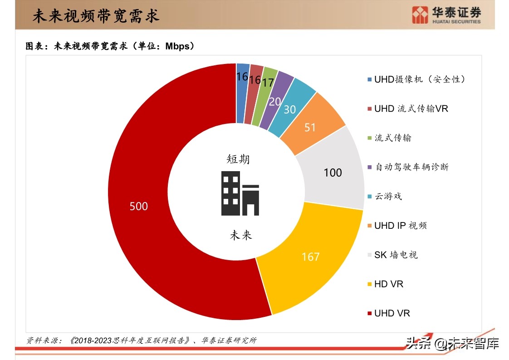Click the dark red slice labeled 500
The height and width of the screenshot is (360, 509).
point(139,206)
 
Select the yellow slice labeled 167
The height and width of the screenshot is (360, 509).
point(310,256)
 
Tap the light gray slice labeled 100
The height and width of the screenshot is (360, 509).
point(333,173)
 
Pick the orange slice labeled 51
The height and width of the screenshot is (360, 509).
point(310,128)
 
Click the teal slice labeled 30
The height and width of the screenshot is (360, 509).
point(290,109)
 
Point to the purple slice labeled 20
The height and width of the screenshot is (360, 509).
point(275,101)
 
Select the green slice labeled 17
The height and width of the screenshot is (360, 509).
point(268,83)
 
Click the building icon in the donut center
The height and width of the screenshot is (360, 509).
point(240,193)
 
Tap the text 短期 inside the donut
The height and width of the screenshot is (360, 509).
point(238,159)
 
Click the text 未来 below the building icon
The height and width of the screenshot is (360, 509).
point(240,235)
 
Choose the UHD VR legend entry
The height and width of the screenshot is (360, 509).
point(392,313)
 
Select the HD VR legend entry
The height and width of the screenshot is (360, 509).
point(388,284)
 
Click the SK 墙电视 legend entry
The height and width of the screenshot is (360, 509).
point(396,255)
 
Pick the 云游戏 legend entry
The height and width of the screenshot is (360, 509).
point(388,196)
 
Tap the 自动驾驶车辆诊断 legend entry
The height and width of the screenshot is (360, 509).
point(411,167)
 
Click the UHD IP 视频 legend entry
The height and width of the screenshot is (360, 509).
point(400,226)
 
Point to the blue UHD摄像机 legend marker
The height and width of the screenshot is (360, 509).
point(370,79)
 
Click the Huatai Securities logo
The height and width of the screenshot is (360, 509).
point(446,15)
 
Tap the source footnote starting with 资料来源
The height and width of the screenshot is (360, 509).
point(141,340)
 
